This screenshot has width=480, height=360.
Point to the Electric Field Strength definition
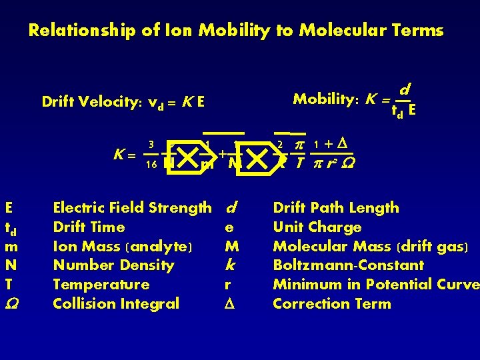(132, 208)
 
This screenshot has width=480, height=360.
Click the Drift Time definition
(89, 227)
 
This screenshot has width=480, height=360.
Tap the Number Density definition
(113, 265)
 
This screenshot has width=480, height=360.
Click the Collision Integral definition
(116, 304)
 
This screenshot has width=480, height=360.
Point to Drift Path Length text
(336, 208)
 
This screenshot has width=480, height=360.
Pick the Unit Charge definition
(317, 227)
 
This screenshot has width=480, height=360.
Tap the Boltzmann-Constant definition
(349, 265)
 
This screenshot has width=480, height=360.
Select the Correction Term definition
(332, 304)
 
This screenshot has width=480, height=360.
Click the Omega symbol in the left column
(10, 304)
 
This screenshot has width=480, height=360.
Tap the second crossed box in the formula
(256, 158)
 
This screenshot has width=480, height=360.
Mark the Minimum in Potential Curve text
(376, 285)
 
